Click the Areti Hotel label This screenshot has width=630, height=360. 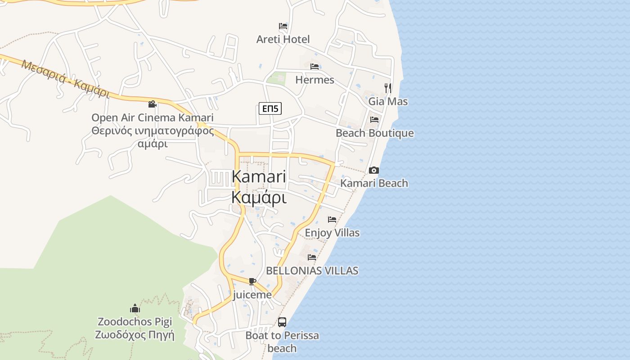click(283, 39)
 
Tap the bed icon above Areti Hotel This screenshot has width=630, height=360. click(283, 26)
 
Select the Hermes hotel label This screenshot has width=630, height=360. click(315, 80)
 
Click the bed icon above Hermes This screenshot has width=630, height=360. click(315, 67)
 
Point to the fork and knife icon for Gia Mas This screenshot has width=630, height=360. click(388, 88)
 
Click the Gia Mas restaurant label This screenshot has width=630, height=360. click(388, 101)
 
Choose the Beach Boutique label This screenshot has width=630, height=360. click(374, 133)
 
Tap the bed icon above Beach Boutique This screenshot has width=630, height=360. click(374, 120)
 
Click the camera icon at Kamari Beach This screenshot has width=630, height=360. click(374, 170)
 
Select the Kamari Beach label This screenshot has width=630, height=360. click(374, 183)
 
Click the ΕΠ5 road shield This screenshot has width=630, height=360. click(270, 108)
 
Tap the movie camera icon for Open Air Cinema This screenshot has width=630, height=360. click(153, 104)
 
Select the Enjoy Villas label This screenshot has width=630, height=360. click(332, 233)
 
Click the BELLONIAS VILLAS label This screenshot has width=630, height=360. click(312, 270)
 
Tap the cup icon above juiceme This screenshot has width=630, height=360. click(252, 282)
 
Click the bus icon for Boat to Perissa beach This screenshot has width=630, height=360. click(282, 322)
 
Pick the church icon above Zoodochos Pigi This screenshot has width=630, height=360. click(135, 309)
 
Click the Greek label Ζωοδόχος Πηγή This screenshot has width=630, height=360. click(135, 335)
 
